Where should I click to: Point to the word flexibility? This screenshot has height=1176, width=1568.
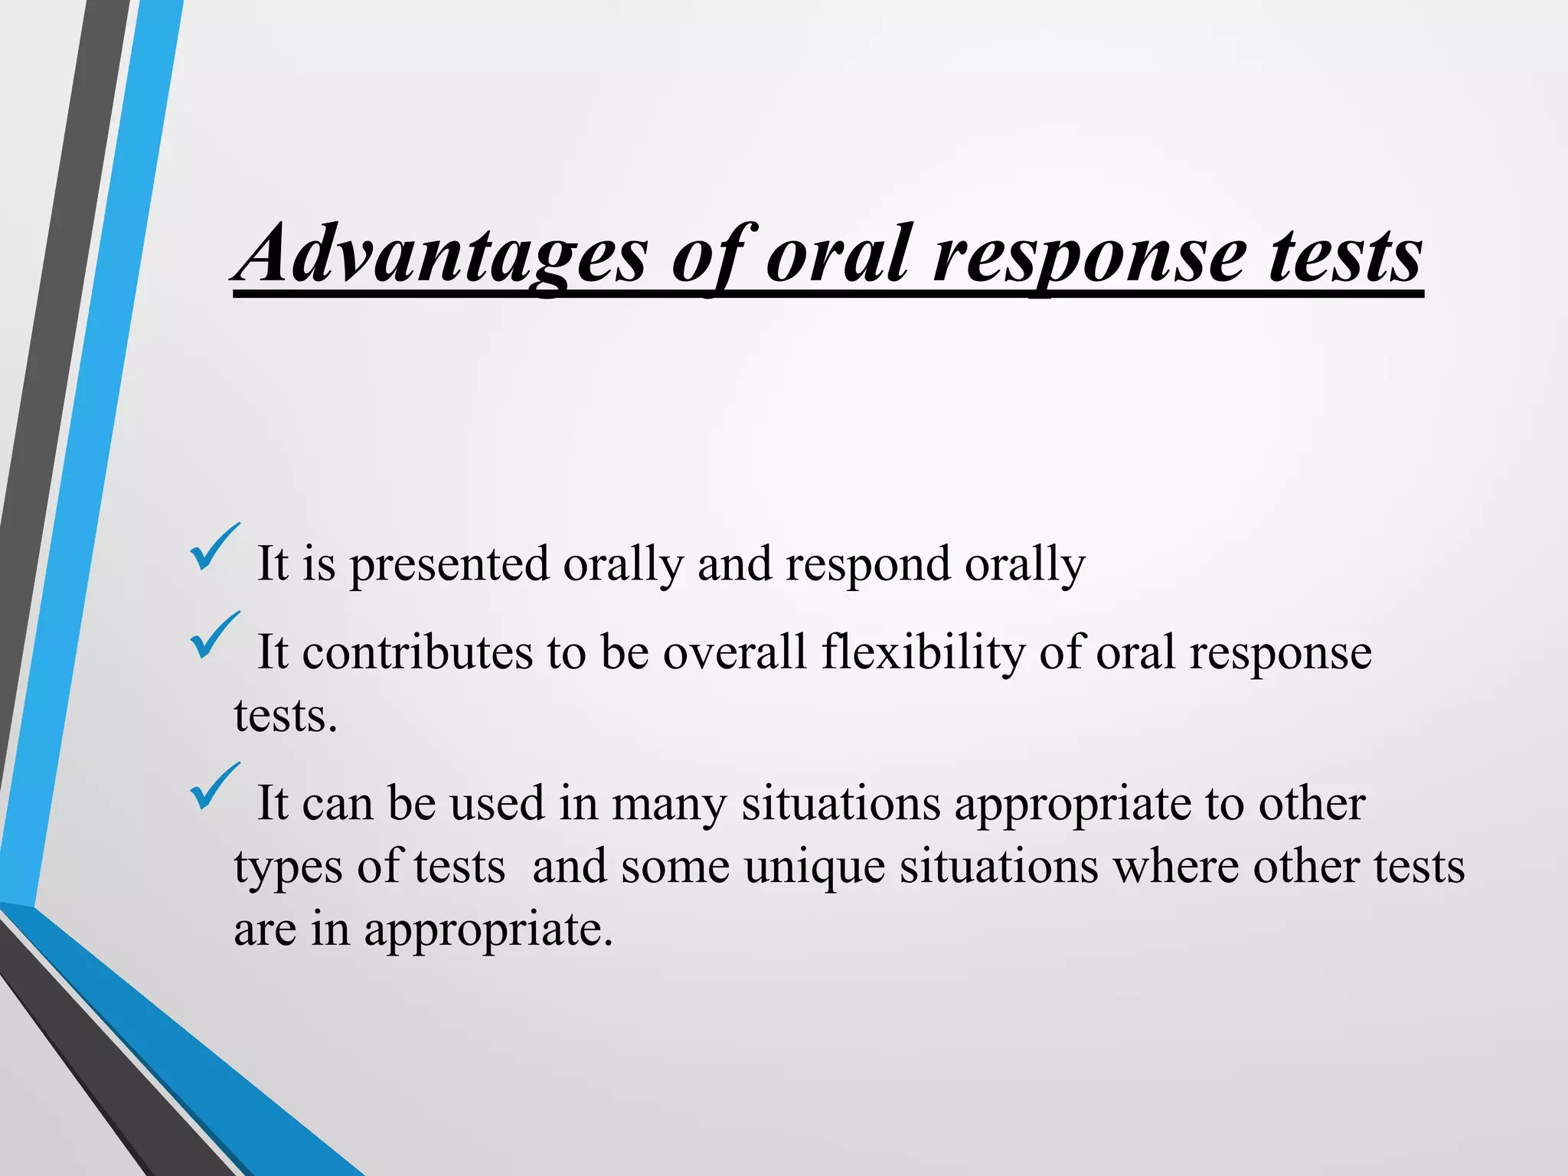(923, 653)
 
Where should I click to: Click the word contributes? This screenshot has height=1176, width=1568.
(417, 653)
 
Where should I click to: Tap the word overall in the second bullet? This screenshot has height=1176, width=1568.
(734, 653)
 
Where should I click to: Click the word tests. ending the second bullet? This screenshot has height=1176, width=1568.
(286, 717)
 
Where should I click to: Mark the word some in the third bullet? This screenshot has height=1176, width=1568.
(675, 867)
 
